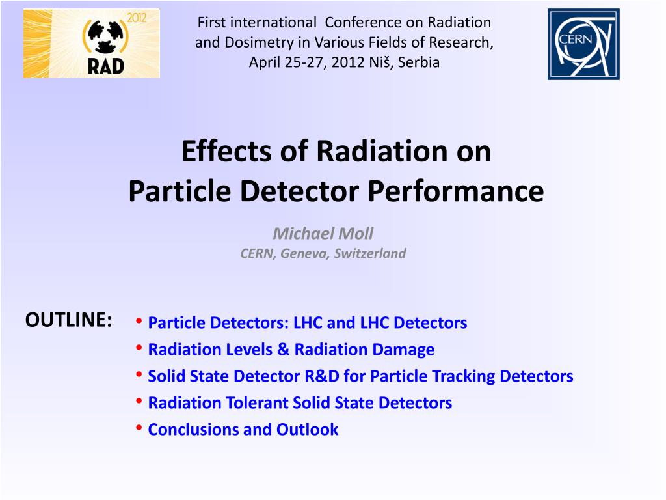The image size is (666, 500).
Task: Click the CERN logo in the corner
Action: [583, 44]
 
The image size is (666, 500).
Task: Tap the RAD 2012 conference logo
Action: [92, 44]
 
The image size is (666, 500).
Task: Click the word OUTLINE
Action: [69, 320]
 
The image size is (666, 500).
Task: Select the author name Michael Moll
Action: [323, 234]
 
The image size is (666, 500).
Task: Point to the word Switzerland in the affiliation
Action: [370, 253]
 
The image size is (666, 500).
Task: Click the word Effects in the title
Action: [226, 151]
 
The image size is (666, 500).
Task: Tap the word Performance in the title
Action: [456, 191]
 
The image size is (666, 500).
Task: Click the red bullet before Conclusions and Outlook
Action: [139, 427]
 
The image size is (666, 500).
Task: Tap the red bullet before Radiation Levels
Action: [139, 347]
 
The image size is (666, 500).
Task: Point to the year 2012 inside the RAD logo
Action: [137, 18]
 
